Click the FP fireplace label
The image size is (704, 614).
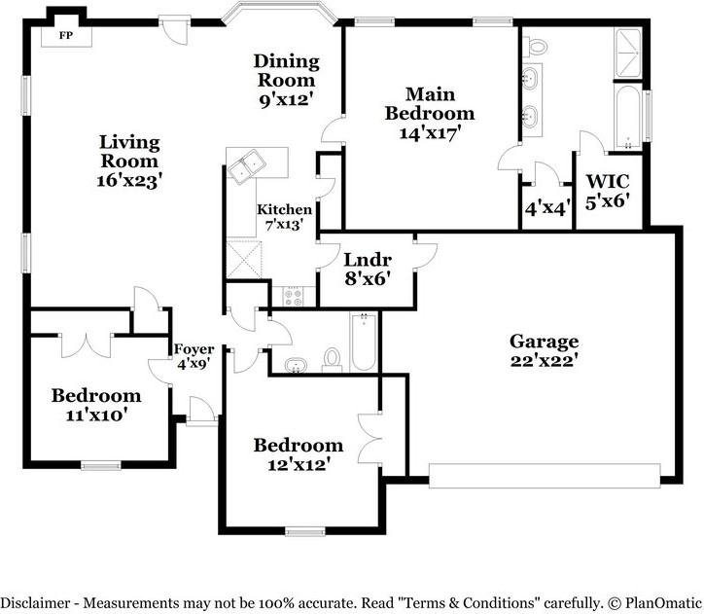pyautogui.click(x=66, y=35)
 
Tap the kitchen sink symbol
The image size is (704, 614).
pyautogui.click(x=246, y=166)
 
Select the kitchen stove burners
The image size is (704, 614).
pyautogui.click(x=294, y=297)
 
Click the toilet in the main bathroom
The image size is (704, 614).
pyautogui.click(x=538, y=46)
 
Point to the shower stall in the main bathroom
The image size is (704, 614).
pyautogui.click(x=627, y=54)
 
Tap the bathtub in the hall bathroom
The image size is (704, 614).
pyautogui.click(x=364, y=342)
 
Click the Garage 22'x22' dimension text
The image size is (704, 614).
pyautogui.click(x=544, y=361)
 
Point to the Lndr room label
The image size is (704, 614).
pyautogui.click(x=368, y=260)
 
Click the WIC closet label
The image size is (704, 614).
pyautogui.click(x=608, y=181)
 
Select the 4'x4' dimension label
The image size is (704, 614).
pyautogui.click(x=548, y=208)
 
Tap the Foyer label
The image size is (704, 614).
pyautogui.click(x=194, y=349)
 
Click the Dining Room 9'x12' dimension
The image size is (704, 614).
pyautogui.click(x=286, y=99)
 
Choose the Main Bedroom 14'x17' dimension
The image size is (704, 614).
pyautogui.click(x=430, y=133)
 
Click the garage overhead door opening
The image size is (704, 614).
pyautogui.click(x=545, y=475)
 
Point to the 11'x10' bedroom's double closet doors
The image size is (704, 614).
pyautogui.click(x=86, y=345)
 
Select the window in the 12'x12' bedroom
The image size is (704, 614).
pyautogui.click(x=305, y=532)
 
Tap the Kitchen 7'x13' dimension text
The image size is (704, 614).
pyautogui.click(x=283, y=225)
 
